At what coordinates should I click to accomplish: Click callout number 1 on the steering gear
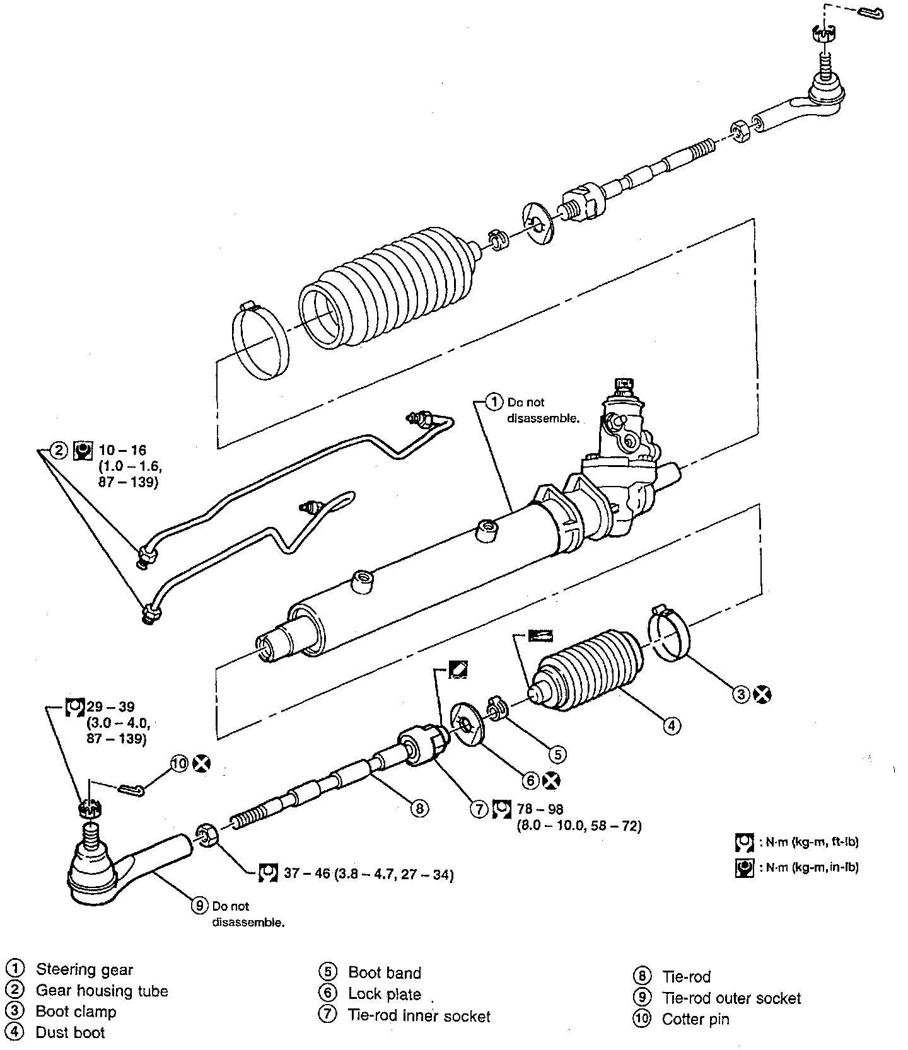494,402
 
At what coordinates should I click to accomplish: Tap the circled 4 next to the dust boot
672,726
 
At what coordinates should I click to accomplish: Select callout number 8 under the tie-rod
419,807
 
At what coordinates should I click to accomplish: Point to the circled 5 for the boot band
557,754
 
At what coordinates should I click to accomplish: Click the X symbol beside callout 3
762,695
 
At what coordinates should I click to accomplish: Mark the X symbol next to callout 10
202,764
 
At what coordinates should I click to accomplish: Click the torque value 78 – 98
539,809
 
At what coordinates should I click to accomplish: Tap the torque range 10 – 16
122,450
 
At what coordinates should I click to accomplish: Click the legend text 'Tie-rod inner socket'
419,1015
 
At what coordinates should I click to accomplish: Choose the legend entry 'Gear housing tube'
102,991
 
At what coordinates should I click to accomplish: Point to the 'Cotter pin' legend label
695,1019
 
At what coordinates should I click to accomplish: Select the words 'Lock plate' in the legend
384,994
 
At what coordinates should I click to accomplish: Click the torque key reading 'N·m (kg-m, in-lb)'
810,867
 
